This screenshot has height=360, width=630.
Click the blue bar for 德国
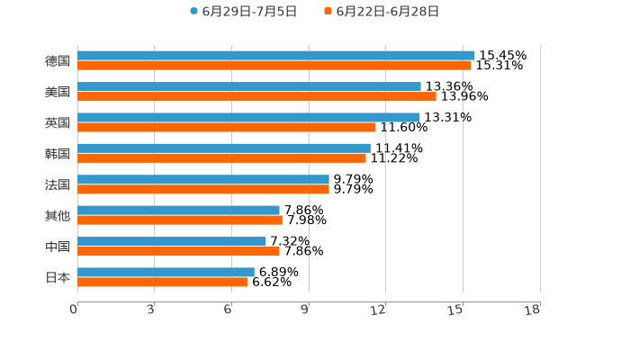[x=275, y=56]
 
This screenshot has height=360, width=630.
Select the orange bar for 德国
[x=274, y=66]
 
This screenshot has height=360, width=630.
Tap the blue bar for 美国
[x=248, y=86]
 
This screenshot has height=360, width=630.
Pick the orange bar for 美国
[x=256, y=96]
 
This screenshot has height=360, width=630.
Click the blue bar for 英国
[x=248, y=117]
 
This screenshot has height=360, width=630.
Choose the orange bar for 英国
[x=226, y=127]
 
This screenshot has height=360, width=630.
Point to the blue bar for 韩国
[x=223, y=148]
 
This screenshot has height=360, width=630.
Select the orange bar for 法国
[x=202, y=189]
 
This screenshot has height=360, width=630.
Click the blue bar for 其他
[x=178, y=210]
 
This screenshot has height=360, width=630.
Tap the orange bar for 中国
[x=178, y=251]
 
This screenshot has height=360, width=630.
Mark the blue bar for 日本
[x=166, y=272]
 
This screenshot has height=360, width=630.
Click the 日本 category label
[x=58, y=277]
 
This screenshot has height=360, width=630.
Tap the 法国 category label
[x=58, y=184]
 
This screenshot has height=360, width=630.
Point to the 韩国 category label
[x=58, y=153]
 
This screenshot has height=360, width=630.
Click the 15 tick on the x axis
[x=456, y=310]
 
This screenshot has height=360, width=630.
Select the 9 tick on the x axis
[x=305, y=310]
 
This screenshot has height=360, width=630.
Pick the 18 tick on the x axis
[x=533, y=310]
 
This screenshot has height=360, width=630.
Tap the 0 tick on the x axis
[x=74, y=310]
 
